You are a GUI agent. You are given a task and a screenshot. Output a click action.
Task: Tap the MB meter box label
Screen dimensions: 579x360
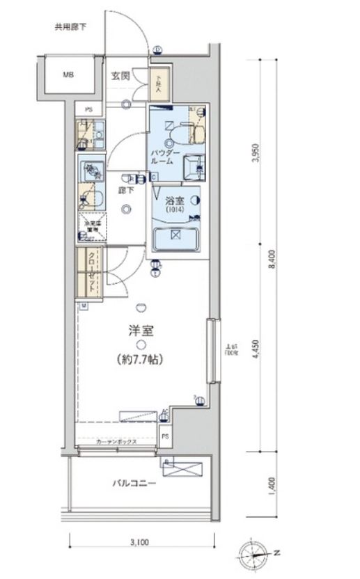tap(69, 74)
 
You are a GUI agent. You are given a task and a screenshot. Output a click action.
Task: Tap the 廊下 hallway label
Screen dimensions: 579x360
tap(126, 189)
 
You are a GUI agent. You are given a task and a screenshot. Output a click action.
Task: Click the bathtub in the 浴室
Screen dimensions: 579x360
tap(175, 239)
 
